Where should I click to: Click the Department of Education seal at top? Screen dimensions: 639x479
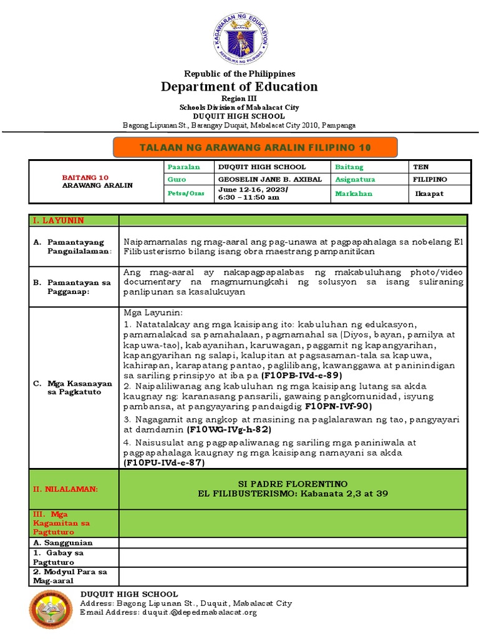coord(239,39)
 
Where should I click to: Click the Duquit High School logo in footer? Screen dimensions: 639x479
coord(51,610)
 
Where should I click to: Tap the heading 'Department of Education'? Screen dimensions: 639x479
coord(239,87)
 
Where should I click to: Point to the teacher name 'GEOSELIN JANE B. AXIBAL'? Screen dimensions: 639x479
coord(269,180)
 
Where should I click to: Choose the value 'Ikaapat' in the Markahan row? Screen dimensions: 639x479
coord(430,193)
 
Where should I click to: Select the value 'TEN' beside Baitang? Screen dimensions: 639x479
coord(420,167)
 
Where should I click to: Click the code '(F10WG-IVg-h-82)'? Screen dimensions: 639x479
coord(229,430)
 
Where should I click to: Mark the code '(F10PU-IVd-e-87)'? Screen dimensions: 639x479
coord(164,463)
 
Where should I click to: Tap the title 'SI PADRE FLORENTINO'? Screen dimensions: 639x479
coord(292,484)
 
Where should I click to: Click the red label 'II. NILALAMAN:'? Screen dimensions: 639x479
coord(65,489)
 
